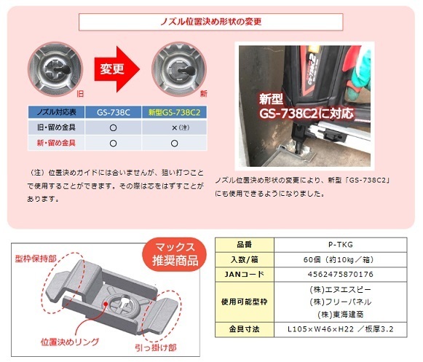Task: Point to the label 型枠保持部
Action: [x=33, y=259]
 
